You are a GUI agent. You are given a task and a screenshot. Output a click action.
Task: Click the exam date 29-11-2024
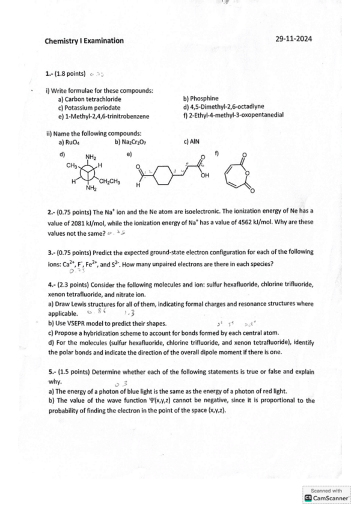point(294,39)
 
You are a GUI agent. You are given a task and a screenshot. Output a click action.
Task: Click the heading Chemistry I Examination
point(84,41)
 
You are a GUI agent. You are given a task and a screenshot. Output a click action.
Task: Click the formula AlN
point(194,142)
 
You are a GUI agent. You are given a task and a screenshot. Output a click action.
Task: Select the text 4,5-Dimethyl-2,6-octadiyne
point(228,106)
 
